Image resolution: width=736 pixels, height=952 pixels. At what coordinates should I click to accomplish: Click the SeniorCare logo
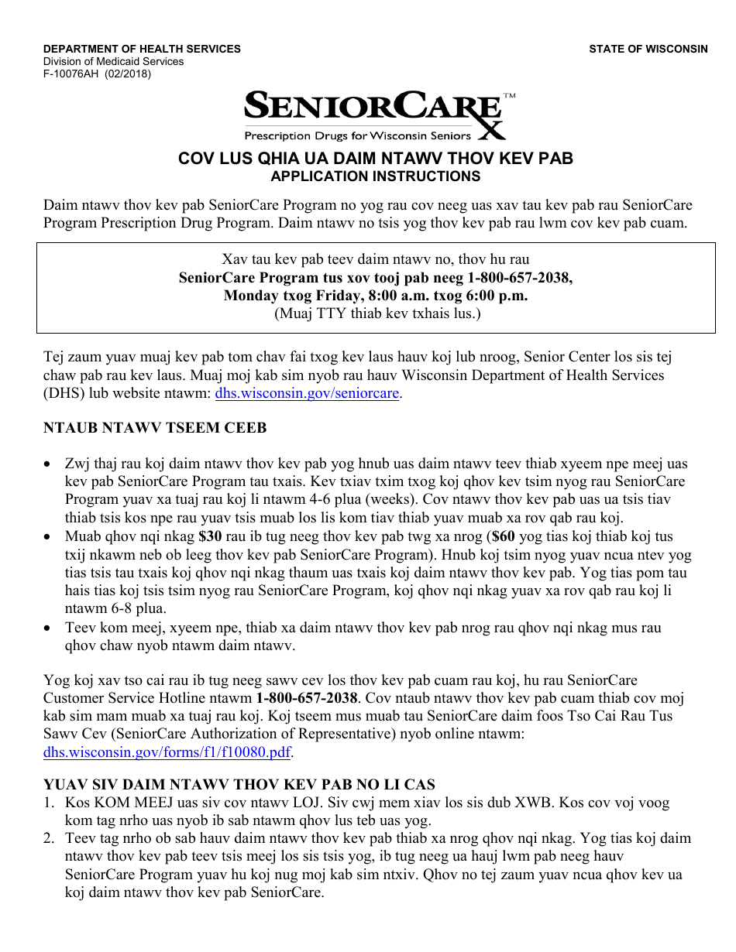pyautogui.click(x=377, y=115)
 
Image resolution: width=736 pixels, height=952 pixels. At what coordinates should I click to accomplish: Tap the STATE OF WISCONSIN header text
pyautogui.click(x=648, y=49)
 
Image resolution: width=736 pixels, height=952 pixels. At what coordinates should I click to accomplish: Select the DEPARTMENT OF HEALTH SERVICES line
pyautogui.click(x=142, y=49)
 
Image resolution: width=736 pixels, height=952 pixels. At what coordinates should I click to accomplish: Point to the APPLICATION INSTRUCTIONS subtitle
pyautogui.click(x=375, y=176)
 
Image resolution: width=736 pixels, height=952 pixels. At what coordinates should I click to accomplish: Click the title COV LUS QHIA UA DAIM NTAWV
pyautogui.click(x=375, y=159)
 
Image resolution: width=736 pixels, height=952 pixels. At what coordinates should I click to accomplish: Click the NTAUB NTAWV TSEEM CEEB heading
pyautogui.click(x=155, y=428)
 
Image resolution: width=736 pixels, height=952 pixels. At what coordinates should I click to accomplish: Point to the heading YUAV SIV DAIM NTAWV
pyautogui.click(x=239, y=785)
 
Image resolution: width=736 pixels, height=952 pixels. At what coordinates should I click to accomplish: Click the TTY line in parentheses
pyautogui.click(x=377, y=313)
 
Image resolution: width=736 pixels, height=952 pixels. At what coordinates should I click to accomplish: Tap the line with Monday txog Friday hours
pyautogui.click(x=375, y=295)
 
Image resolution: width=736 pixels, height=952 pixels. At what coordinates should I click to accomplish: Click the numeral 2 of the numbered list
pyautogui.click(x=48, y=838)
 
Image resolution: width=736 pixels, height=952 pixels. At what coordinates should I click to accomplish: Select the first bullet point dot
pyautogui.click(x=49, y=464)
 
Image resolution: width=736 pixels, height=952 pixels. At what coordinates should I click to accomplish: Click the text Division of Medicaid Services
pyautogui.click(x=113, y=62)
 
